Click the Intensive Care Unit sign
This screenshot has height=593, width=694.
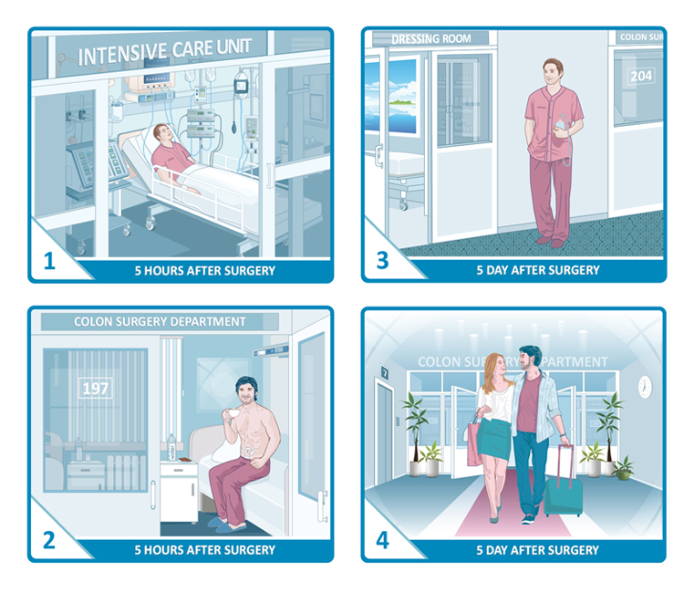tap(165, 51)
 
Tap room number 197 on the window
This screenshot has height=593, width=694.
tap(95, 389)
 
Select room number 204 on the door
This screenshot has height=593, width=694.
tap(641, 76)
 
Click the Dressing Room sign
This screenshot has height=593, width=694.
tap(430, 39)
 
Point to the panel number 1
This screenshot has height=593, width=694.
tap(49, 261)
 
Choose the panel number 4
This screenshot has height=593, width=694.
tap(382, 540)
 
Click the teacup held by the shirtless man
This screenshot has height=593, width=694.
tap(233, 414)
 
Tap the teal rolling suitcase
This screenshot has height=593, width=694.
tap(563, 488)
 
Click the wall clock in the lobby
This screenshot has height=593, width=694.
tap(645, 386)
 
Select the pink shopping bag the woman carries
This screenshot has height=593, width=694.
tap(474, 442)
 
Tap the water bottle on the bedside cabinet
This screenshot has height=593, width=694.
tap(171, 447)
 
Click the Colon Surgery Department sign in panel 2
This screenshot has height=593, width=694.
tap(160, 321)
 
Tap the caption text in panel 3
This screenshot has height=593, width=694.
tap(538, 270)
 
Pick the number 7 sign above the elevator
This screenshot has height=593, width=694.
tap(385, 372)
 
